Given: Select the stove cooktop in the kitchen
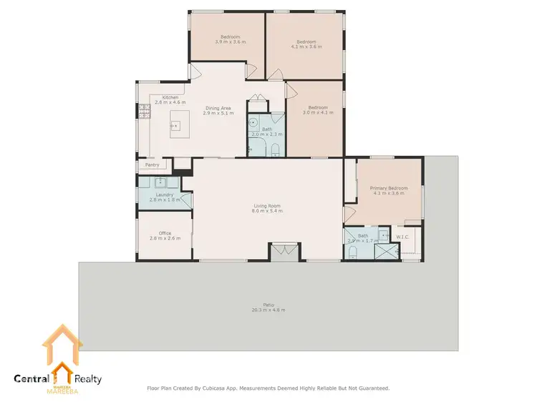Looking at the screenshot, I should pos(143,110).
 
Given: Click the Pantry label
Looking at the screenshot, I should pos(152,165).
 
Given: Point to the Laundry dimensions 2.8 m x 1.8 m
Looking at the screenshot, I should pos(165,200).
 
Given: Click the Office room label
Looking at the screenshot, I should pos(165,232).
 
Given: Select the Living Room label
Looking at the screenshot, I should pos(267,206).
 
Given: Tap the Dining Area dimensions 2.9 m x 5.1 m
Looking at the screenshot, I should pos(218,113).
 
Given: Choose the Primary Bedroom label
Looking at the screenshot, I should pos(388,189).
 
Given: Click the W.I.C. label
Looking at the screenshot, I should pos(402,236).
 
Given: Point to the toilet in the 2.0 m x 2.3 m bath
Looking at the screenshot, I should pos(276,148).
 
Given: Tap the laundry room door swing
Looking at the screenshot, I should pos(186,200).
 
